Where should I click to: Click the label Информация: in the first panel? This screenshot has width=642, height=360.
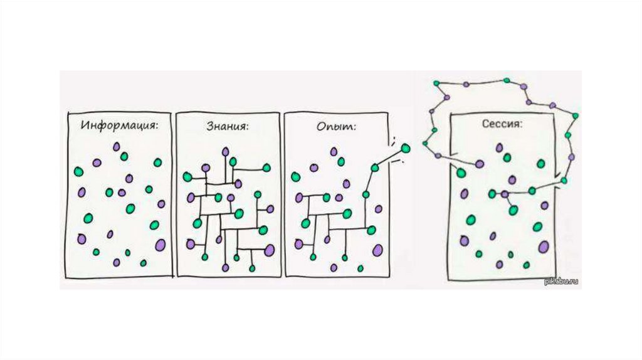(x=118, y=125)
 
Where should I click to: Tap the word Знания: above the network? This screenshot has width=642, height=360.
(x=227, y=126)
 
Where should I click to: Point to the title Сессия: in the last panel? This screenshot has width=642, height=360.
(x=502, y=124)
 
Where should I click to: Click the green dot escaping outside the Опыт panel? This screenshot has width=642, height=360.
(x=405, y=149)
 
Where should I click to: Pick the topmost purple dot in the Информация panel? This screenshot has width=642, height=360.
(x=117, y=146)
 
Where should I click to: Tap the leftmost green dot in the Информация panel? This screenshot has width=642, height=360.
(x=78, y=171)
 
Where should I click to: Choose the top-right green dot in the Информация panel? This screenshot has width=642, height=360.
(x=157, y=162)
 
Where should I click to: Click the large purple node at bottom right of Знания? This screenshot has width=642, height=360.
(x=270, y=250)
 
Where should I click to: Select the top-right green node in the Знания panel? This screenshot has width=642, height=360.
(x=266, y=167)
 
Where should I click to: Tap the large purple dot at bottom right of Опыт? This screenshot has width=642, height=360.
(x=378, y=250)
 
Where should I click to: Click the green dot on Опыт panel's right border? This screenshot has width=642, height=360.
(x=374, y=167)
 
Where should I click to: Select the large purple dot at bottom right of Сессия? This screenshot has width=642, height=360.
(x=544, y=246)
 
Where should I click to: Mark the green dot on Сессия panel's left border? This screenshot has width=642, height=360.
(x=461, y=172)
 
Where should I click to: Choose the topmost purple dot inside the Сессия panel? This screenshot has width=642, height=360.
(x=500, y=147)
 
